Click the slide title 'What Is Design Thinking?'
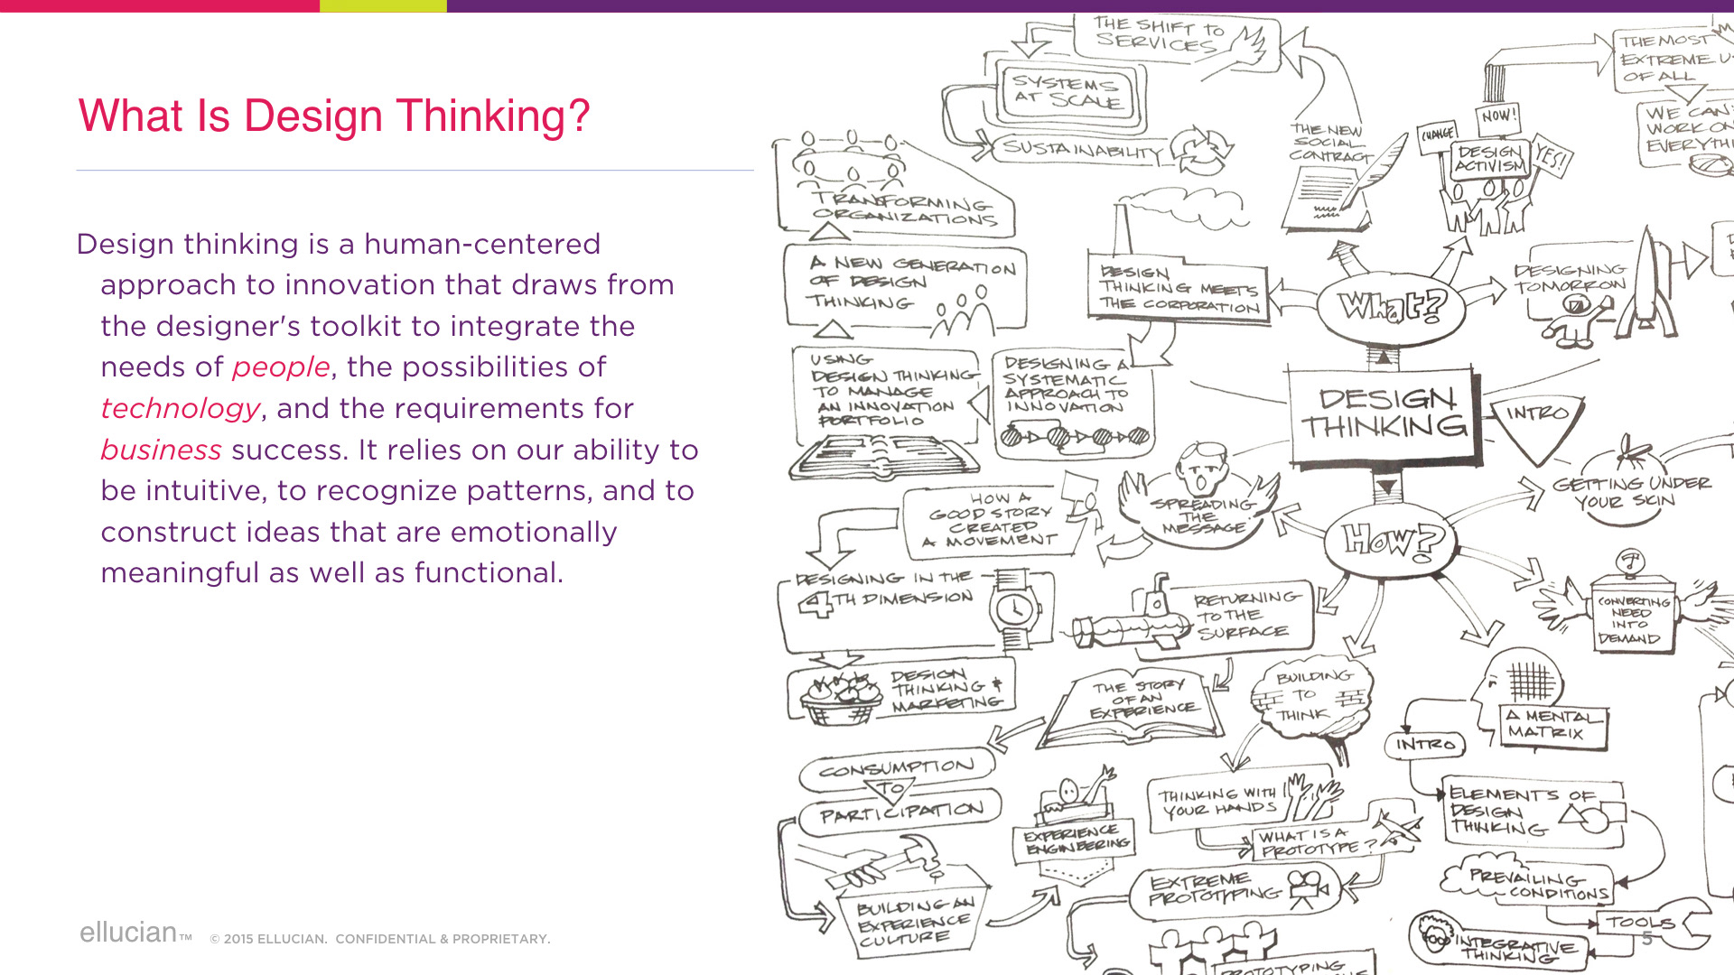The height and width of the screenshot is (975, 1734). tap(334, 116)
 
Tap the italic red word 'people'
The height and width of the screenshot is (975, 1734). tap(281, 367)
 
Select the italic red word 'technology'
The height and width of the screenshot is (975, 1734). tap(181, 409)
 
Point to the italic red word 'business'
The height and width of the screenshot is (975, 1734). tap(161, 450)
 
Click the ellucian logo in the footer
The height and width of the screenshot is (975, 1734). tap(129, 933)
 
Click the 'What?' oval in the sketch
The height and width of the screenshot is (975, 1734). tap(1392, 306)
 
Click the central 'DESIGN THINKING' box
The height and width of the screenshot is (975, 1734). tap(1384, 413)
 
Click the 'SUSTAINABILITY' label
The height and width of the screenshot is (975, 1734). tap(1082, 150)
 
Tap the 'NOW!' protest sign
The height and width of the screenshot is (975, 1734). tap(1499, 116)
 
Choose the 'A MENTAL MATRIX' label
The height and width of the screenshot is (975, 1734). tap(1553, 724)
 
